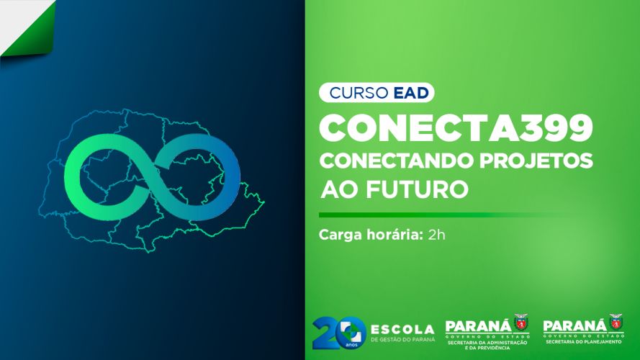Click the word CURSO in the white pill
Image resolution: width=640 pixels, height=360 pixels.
tap(359, 93)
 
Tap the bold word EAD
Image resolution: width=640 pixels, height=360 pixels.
tap(410, 93)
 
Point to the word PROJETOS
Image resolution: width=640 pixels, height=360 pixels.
tap(536, 161)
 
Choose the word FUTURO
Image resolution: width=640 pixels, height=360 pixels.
tap(417, 189)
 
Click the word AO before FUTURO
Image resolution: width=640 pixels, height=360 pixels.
tap(340, 189)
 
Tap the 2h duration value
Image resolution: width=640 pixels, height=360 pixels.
tap(436, 235)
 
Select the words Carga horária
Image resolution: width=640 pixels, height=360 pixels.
tap(371, 235)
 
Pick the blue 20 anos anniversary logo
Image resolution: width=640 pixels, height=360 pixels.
tap(339, 333)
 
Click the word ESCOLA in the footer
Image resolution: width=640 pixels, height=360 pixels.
tap(402, 329)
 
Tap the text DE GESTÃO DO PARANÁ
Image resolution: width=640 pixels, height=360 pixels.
tap(402, 339)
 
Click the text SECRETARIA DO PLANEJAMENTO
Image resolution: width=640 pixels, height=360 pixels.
tap(584, 341)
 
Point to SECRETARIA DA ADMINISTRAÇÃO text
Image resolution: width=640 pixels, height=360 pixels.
tap(487, 343)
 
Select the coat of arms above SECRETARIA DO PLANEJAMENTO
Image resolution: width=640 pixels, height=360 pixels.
tap(616, 322)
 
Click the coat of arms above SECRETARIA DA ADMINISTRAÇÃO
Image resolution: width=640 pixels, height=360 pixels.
tap(520, 322)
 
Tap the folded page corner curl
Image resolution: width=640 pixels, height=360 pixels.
tap(28, 28)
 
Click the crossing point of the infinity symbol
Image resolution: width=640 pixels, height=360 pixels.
tap(151, 176)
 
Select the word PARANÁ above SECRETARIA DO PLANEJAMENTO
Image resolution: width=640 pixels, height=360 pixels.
tap(575, 326)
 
